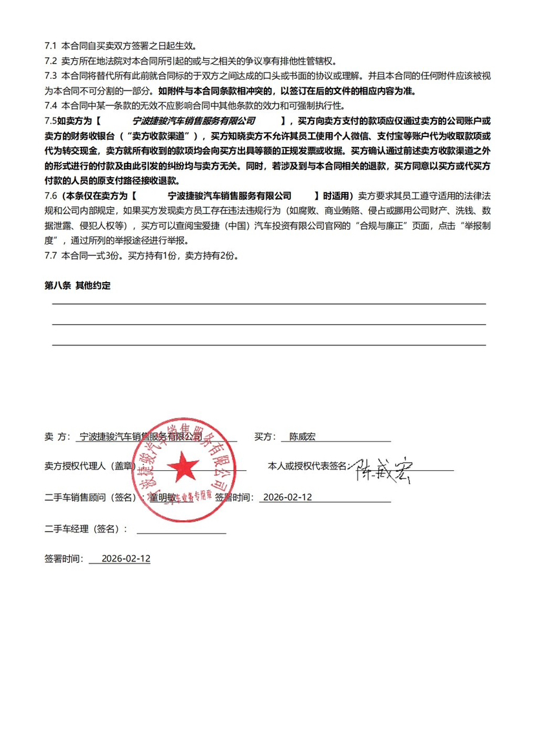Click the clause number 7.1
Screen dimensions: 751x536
coord(51,47)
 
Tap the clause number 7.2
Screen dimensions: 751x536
coord(51,61)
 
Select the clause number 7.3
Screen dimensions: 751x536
coord(51,76)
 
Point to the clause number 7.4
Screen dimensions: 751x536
coord(51,105)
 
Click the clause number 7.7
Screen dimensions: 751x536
coord(51,256)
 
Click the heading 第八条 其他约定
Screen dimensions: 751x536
coord(77,285)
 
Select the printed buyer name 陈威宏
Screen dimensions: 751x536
coord(302,437)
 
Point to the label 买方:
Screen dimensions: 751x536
coord(265,437)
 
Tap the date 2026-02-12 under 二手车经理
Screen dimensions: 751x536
coord(126,558)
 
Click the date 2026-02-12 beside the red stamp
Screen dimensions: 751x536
coord(288,497)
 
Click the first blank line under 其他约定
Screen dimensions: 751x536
coord(268,303)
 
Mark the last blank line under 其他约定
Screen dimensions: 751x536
coord(268,345)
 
